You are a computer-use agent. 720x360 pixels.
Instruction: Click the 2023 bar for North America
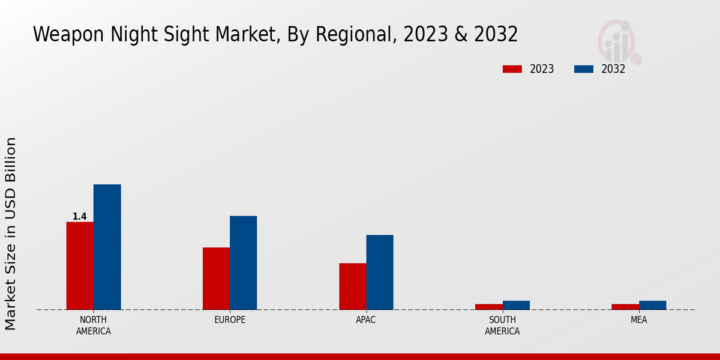click(80, 266)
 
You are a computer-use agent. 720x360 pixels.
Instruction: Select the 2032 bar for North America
click(107, 247)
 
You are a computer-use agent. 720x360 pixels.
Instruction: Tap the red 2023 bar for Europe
click(216, 278)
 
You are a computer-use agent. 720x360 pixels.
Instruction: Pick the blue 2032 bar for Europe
click(243, 263)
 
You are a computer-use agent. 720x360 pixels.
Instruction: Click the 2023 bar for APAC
click(352, 286)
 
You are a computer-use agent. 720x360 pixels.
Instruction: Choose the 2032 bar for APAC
click(380, 272)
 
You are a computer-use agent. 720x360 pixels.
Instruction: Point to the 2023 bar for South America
click(488, 307)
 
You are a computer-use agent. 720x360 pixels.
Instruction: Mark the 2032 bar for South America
click(516, 305)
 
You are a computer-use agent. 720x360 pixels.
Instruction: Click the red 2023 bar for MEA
click(625, 307)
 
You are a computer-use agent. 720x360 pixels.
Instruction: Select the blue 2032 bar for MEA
click(652, 305)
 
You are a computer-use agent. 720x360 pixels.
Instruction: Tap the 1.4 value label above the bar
click(80, 217)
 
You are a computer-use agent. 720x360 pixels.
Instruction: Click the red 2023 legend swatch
click(512, 69)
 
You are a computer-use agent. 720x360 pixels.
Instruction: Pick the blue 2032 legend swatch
click(583, 69)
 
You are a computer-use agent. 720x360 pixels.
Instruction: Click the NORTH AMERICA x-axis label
click(94, 325)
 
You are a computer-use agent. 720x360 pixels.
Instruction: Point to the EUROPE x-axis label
click(230, 320)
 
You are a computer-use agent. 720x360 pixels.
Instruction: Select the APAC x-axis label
click(366, 320)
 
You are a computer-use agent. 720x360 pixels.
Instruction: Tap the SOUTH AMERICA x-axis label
click(502, 325)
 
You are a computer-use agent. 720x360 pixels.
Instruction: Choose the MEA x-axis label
click(638, 320)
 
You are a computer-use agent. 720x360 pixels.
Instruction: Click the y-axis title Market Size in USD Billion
click(11, 233)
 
